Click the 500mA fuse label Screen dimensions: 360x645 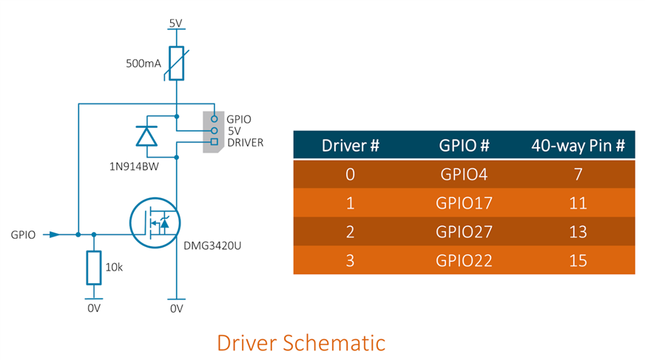[x=143, y=64]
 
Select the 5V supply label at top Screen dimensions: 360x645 [x=176, y=23]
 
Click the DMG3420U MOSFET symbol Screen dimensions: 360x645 [x=155, y=225]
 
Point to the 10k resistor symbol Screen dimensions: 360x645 [x=94, y=268]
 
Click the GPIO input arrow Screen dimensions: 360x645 [x=52, y=234]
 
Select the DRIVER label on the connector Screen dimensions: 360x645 [x=246, y=143]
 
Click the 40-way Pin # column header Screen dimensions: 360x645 [x=578, y=145]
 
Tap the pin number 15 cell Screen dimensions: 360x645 [x=578, y=260]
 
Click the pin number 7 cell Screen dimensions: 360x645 [x=578, y=174]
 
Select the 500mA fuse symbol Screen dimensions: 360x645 [x=176, y=64]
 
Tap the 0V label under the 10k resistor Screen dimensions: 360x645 [x=94, y=308]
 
